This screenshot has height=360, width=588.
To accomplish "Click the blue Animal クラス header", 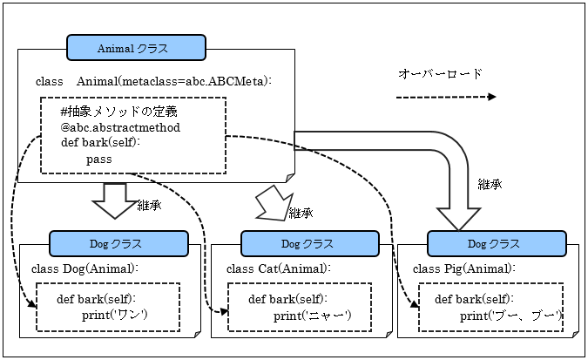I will [136, 47].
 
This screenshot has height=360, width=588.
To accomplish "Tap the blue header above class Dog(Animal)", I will [118, 243].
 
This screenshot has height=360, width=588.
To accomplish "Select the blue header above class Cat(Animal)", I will [309, 243].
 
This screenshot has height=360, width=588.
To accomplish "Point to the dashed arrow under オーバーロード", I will [445, 97].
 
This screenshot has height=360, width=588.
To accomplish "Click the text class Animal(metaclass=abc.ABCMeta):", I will [154, 81].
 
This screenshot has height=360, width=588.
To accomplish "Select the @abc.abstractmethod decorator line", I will [120, 127].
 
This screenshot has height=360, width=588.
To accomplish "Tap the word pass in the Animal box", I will [99, 160].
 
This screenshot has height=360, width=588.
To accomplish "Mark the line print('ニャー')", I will [311, 314].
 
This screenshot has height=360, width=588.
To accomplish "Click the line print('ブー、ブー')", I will [510, 314].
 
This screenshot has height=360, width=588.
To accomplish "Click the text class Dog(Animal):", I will [84, 268].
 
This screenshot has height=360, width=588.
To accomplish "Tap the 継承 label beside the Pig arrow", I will [490, 184].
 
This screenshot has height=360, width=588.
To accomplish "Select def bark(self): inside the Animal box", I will [101, 143].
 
